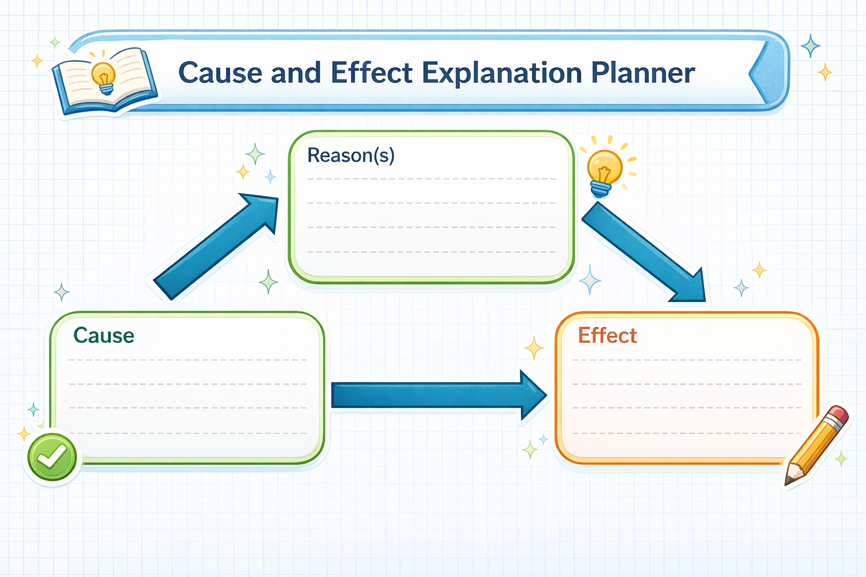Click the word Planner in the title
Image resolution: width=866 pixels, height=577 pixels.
643,73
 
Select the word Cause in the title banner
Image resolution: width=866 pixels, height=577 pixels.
220,73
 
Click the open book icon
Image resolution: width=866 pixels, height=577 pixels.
104,82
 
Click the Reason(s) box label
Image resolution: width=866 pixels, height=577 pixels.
351,156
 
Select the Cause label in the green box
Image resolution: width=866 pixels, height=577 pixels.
104,335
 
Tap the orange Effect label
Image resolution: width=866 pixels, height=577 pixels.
607,335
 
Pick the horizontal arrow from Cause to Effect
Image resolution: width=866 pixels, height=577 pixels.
439,395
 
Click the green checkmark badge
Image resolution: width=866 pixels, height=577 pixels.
52,457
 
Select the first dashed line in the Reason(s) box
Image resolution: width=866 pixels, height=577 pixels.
431,179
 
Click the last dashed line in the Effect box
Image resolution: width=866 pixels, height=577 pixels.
687,433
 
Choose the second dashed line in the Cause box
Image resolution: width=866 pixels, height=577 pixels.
188,384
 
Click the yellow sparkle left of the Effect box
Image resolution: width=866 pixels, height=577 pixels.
534,348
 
